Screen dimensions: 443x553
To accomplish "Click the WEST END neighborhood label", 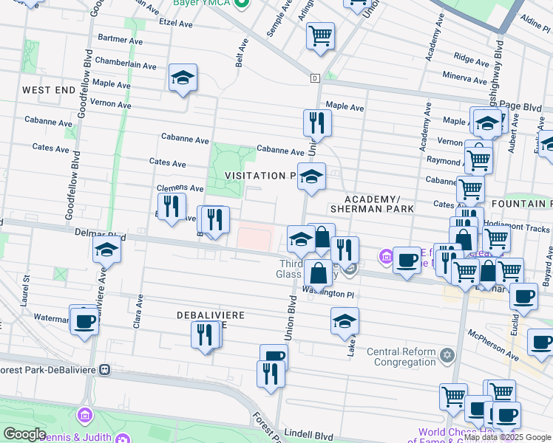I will [48, 90].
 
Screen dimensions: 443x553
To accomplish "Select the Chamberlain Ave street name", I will [125, 65].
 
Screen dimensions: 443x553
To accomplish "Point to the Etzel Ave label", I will [177, 23].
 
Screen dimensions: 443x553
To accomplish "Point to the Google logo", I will [24, 434].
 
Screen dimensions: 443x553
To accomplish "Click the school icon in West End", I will [183, 78].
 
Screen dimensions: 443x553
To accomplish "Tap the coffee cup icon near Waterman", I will [84, 320].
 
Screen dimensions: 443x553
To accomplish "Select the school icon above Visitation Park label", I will [311, 177].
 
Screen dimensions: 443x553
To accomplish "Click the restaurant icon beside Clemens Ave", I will [172, 206].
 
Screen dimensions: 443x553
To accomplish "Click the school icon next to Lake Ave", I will [344, 322].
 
